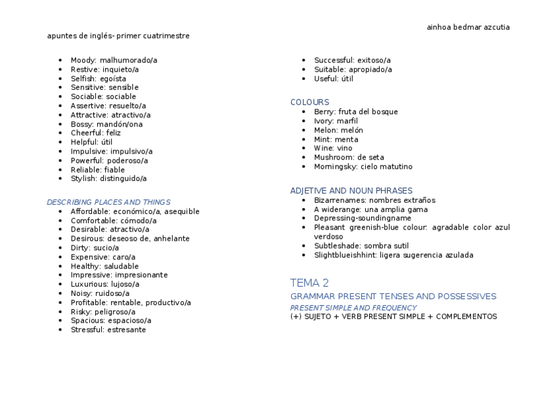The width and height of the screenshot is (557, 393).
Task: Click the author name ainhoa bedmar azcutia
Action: (468, 28)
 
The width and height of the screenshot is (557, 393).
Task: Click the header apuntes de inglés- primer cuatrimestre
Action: (118, 36)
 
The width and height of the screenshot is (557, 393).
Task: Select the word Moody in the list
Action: (83, 60)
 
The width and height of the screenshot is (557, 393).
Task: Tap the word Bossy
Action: (82, 124)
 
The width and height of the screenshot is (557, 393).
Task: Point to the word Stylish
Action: (83, 178)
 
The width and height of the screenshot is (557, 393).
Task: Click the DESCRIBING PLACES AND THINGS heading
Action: (108, 202)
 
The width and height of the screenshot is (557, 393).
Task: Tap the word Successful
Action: (334, 60)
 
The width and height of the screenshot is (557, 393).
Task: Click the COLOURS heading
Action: (309, 102)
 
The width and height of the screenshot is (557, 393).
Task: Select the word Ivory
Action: (324, 121)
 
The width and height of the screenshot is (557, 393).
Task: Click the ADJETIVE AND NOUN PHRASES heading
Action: (351, 191)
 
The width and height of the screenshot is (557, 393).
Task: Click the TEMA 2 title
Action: (309, 283)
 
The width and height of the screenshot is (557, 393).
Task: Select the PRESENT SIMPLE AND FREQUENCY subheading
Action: (353, 308)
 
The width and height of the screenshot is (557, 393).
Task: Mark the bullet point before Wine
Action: (304, 148)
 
